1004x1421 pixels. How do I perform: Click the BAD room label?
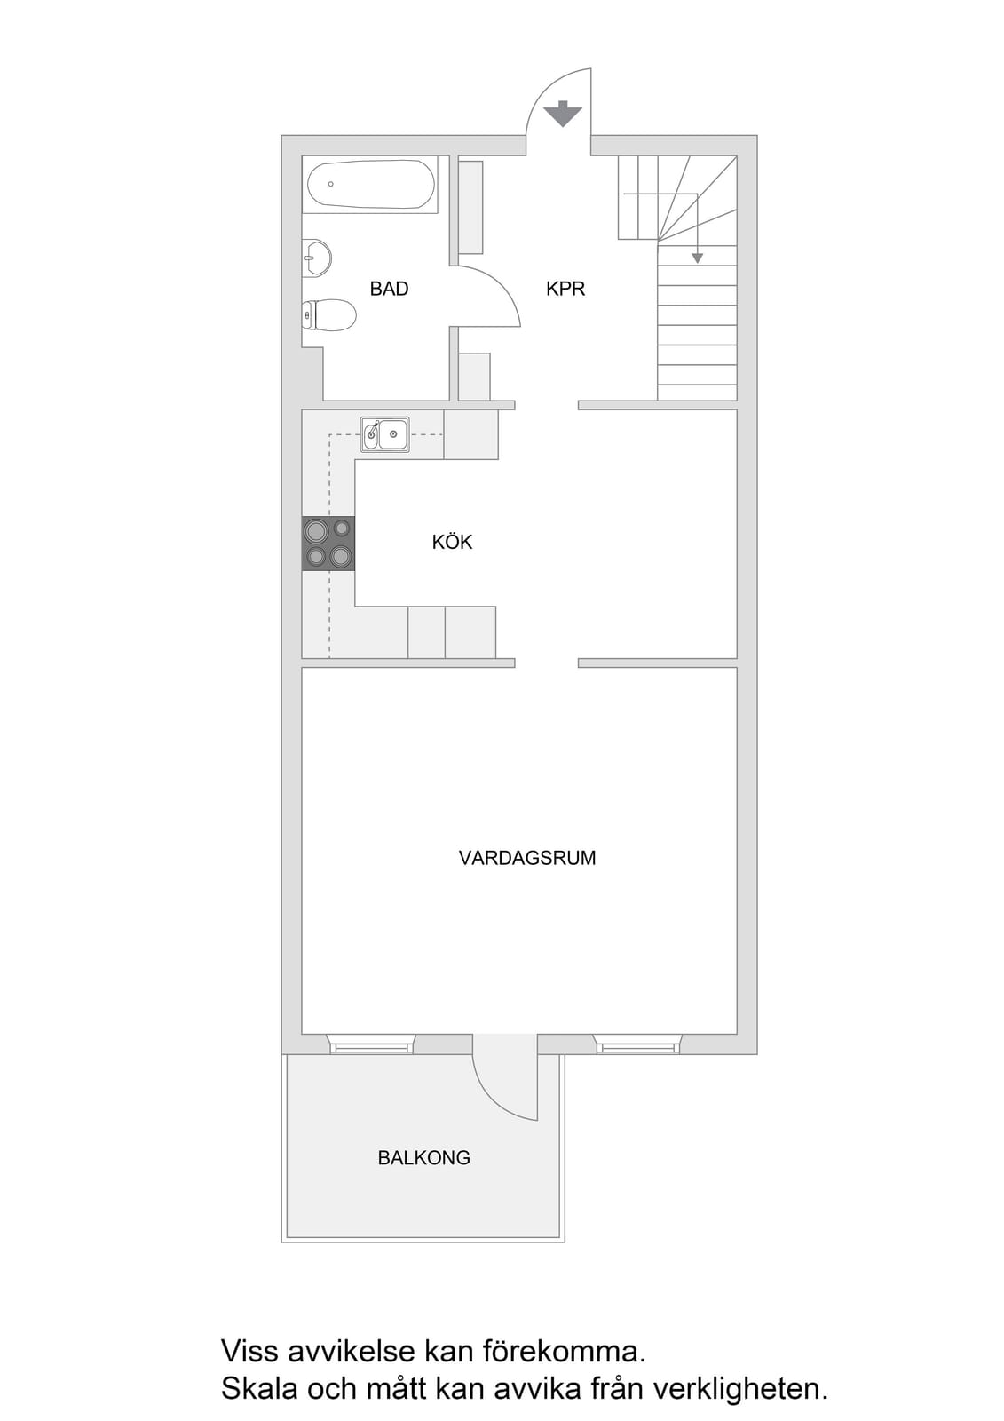[389, 289]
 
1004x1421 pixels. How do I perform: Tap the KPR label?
[565, 289]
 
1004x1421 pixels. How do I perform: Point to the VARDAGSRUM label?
[527, 858]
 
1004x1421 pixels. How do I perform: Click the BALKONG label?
[423, 1158]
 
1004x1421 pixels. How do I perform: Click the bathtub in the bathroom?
[371, 184]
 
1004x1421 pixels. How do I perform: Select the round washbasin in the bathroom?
[317, 258]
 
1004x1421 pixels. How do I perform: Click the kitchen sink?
[385, 434]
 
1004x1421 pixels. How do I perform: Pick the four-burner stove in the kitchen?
[328, 543]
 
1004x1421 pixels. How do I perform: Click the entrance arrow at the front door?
[563, 115]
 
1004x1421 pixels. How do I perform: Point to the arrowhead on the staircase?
[697, 258]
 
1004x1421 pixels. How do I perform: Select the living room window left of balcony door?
[371, 1044]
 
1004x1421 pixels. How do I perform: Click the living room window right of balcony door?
[637, 1044]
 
